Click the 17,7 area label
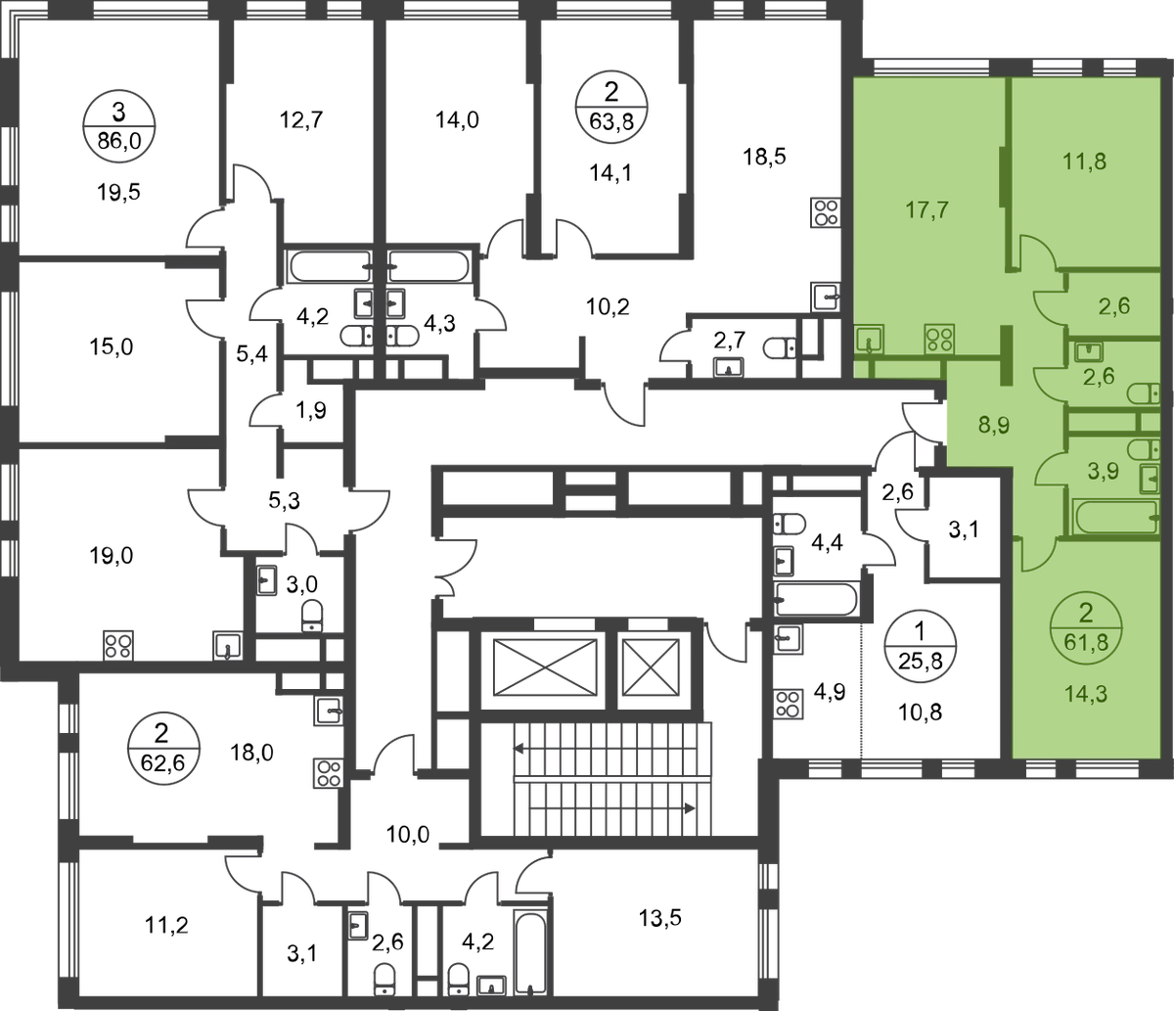[925, 207]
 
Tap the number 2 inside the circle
[1084, 615]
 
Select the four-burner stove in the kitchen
[940, 340]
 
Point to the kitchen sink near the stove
[869, 340]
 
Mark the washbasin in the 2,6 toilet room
[1084, 349]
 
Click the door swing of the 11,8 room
[1035, 253]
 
